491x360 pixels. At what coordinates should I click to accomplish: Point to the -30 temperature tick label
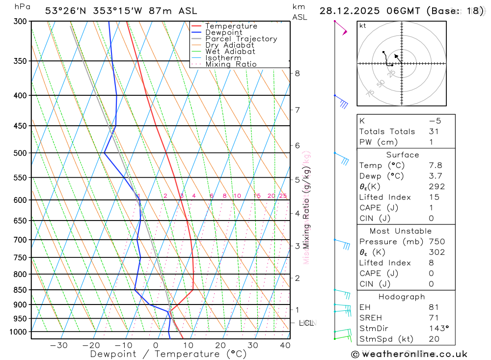(59, 345)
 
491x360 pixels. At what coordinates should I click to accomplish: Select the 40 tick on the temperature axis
(285, 345)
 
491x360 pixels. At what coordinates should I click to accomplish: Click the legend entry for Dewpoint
(223, 32)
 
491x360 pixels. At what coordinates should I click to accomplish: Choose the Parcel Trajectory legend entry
(241, 39)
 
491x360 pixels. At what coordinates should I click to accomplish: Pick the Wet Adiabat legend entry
(230, 52)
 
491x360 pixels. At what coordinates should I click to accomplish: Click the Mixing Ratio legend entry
(231, 64)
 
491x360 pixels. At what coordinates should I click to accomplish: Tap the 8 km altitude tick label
(297, 74)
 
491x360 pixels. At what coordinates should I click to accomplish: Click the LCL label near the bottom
(306, 323)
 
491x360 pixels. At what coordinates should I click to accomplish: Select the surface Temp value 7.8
(435, 166)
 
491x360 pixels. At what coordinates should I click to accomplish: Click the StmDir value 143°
(436, 329)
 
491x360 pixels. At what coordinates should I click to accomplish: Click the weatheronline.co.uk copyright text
(409, 354)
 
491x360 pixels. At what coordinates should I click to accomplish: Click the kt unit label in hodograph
(363, 26)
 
